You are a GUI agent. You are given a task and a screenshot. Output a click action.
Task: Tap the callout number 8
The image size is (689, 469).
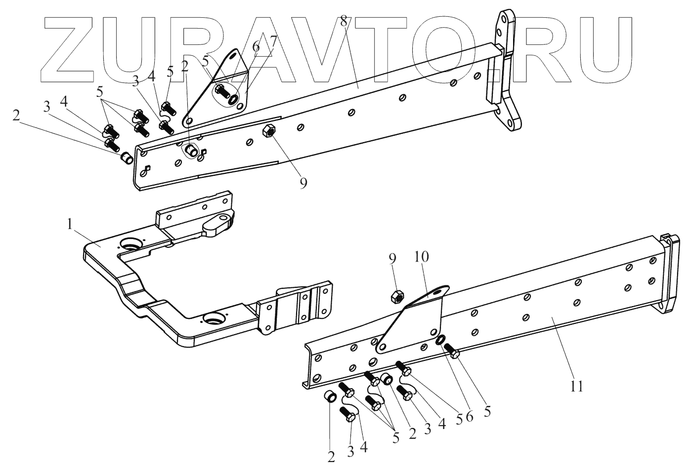coord(344,21)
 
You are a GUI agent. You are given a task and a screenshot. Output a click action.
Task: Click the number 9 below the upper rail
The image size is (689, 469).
coord(303,183)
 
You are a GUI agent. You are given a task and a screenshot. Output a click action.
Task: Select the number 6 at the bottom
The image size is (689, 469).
coord(469,416)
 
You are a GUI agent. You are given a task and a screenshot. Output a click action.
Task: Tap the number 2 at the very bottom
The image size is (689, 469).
coord(331,457)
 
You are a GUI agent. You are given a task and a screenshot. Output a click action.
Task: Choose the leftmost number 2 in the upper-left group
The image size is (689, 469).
coord(17,116)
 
